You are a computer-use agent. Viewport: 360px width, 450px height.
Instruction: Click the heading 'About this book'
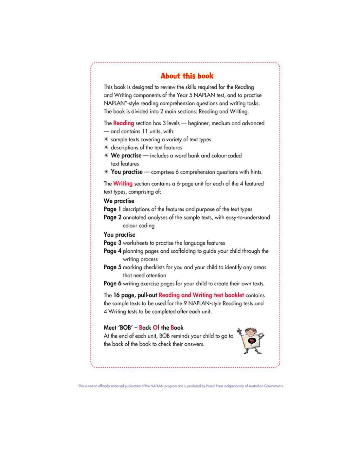point(187,76)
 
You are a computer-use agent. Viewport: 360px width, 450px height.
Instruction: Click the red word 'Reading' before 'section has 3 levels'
point(123,123)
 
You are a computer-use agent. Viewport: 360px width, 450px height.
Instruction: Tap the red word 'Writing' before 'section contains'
point(123,184)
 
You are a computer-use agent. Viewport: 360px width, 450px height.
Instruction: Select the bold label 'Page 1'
point(112,209)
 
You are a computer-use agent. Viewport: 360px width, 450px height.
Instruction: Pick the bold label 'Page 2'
point(112,217)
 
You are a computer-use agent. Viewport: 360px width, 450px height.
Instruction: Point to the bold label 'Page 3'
point(112,243)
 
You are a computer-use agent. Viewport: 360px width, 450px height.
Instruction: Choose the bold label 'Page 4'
point(112,251)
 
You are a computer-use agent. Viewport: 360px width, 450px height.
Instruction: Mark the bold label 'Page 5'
point(112,267)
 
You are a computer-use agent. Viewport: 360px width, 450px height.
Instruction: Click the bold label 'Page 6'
point(112,283)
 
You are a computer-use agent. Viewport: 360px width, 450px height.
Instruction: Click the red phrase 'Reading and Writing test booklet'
point(201,295)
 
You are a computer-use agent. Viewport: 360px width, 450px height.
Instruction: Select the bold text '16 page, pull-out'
point(135,295)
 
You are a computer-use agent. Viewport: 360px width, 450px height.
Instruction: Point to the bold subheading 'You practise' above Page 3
point(119,235)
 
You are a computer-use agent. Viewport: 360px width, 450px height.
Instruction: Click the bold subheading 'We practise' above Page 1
point(119,201)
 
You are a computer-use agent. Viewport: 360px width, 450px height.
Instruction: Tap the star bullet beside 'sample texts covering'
point(106,139)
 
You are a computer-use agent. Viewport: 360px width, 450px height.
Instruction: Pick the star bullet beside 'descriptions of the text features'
point(106,148)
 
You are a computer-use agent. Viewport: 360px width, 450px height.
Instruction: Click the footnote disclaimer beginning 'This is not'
point(180,386)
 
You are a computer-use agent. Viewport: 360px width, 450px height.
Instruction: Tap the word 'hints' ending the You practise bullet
point(256,172)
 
